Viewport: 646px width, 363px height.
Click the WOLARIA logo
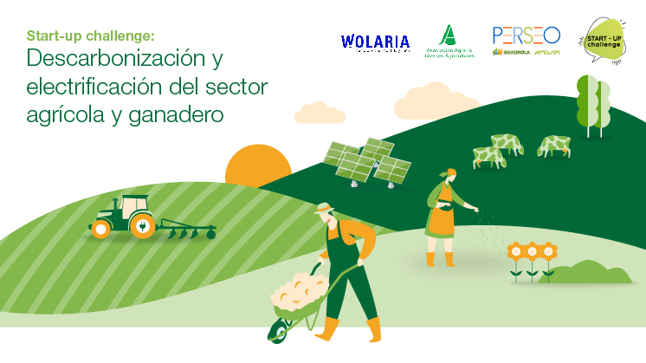tap(375, 42)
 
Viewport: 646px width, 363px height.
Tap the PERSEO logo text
tap(526, 36)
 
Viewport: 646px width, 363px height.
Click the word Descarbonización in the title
tap(113, 61)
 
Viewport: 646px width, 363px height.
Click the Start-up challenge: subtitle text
tap(90, 36)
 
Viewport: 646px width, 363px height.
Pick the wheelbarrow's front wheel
tap(279, 330)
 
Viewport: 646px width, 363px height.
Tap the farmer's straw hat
tap(325, 208)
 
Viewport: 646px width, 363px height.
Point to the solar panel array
tap(366, 160)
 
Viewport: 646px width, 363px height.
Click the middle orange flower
tap(532, 253)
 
